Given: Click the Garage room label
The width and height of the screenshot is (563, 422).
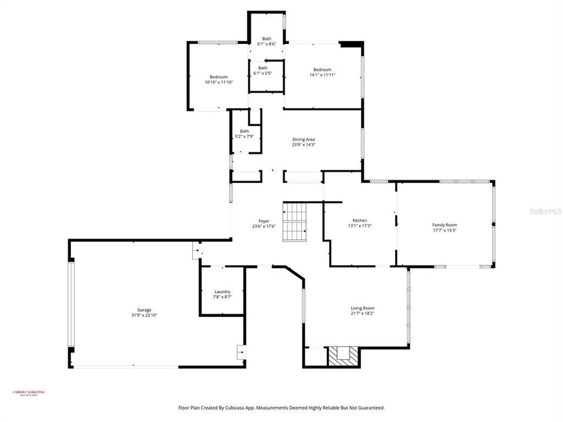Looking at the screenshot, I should (144, 310).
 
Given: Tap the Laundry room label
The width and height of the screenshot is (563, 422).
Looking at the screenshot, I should (222, 291).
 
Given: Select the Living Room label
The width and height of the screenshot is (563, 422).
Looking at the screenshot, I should (362, 308).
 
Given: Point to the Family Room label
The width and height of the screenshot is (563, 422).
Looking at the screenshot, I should (445, 225).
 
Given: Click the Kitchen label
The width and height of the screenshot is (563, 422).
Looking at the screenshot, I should (359, 220).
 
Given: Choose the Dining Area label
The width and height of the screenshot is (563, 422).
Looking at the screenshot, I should (304, 139).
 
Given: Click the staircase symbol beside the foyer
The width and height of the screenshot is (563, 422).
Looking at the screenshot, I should (295, 222).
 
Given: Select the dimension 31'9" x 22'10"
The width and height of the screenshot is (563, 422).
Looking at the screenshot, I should (144, 315).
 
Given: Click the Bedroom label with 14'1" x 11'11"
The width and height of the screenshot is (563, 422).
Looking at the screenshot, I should (322, 70).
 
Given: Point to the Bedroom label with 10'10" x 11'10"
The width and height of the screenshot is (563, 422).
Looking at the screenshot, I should (219, 77).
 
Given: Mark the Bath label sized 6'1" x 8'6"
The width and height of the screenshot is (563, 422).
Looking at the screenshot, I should (266, 39).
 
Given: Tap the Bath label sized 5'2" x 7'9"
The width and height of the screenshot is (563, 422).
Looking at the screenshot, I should (244, 131).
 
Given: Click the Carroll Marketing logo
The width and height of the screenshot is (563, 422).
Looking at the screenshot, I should (29, 393).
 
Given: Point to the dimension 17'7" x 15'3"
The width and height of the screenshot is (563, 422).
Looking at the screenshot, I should (445, 230).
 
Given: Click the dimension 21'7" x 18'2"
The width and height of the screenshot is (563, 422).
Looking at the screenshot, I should (362, 314).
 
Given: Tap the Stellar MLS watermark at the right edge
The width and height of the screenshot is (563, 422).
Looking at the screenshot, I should (545, 209).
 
